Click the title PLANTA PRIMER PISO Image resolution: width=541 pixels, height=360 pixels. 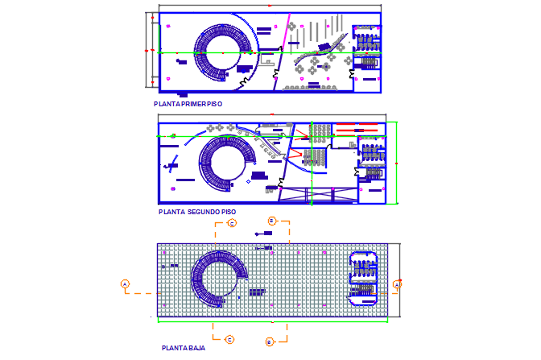pos(188,104)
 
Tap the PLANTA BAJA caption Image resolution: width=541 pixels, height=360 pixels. pos(183,348)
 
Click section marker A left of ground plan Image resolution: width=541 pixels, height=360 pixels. pos(125,283)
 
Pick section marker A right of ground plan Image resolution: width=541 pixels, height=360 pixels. pos(397,283)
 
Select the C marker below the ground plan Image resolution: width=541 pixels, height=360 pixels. pos(229,339)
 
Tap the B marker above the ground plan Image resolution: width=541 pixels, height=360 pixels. pos(271,220)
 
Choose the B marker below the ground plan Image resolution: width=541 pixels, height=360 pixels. pos(270,341)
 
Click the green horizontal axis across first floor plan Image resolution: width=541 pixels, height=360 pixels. pos(209,52)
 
